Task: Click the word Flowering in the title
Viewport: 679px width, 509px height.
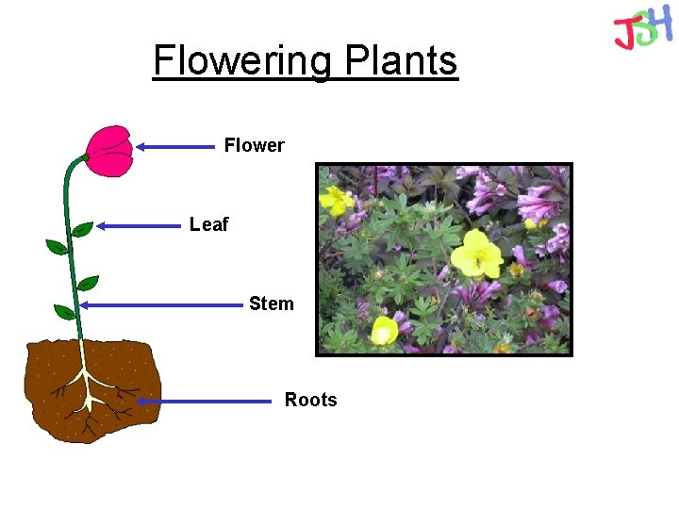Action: (x=240, y=61)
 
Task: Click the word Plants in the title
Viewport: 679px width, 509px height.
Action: (x=401, y=61)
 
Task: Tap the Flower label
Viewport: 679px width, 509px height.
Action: (x=254, y=145)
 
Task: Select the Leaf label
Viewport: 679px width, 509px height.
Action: (x=208, y=224)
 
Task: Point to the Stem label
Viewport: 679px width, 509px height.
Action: (x=271, y=304)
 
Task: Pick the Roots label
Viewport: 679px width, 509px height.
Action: (x=310, y=400)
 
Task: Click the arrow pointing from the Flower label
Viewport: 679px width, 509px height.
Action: (x=175, y=146)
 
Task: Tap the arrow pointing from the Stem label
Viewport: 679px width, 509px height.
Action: (x=160, y=304)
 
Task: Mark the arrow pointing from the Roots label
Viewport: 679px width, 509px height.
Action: (x=203, y=401)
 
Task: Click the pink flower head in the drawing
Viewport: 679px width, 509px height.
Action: (x=110, y=151)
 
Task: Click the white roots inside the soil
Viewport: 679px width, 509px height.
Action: (x=89, y=386)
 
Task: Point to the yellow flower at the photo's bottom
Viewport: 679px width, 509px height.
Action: (x=384, y=331)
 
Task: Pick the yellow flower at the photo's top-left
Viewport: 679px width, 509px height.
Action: (x=335, y=199)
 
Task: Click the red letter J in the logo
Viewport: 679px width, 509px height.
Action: (x=624, y=34)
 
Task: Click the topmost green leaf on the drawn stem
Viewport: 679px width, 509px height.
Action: (x=82, y=229)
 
